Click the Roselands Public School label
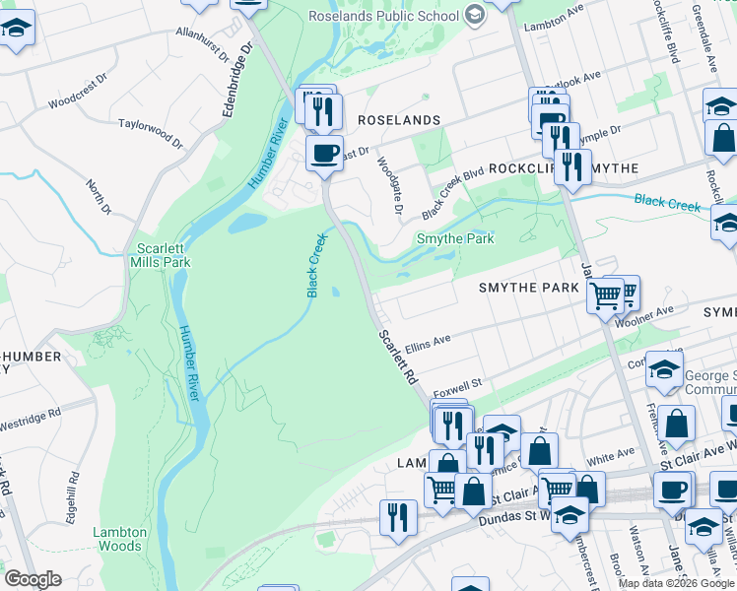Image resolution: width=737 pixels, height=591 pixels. (383, 15)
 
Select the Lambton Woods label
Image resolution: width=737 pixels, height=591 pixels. (119, 539)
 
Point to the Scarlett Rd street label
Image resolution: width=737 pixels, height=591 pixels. (398, 357)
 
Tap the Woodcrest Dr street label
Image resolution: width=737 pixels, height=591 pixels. (84, 100)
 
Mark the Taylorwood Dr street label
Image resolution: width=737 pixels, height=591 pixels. (151, 134)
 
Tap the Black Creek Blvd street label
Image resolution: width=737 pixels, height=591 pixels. (453, 190)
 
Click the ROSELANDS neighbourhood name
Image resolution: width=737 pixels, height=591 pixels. (398, 119)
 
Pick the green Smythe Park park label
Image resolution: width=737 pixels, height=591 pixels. (454, 238)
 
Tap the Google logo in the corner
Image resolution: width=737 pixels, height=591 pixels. (33, 578)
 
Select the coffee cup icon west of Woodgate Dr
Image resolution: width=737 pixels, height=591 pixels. (324, 153)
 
